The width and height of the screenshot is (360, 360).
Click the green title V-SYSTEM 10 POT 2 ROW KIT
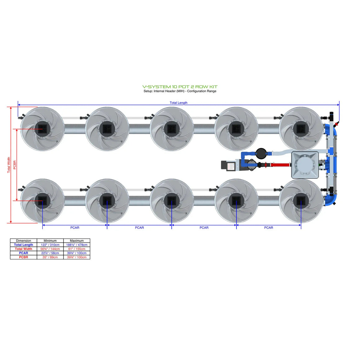pos(180,87)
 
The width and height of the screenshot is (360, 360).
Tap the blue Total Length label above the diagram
pos(178,103)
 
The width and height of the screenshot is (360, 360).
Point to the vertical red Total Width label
pos(9,165)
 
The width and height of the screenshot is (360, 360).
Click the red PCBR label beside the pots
pos(15,165)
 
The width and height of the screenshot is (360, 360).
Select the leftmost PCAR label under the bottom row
pos(75,228)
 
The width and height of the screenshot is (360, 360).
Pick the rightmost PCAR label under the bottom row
pos(268,228)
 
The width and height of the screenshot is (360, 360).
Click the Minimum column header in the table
pos(50,241)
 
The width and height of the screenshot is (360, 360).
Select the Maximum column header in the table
pos(77,241)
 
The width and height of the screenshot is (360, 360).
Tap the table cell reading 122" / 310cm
pos(50,245)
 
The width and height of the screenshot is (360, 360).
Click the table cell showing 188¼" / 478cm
pos(77,245)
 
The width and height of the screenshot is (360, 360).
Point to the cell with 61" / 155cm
pos(77,249)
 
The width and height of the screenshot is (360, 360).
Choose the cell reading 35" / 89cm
pos(50,257)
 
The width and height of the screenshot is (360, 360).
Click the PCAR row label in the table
pos(24,253)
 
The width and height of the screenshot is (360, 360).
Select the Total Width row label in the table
pos(24,249)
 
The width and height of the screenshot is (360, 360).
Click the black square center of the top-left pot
pos(42,129)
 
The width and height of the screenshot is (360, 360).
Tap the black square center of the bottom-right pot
pos(301,201)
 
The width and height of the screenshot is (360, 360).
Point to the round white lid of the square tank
pos(305,165)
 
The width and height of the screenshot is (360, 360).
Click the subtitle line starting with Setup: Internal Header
pos(180,91)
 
